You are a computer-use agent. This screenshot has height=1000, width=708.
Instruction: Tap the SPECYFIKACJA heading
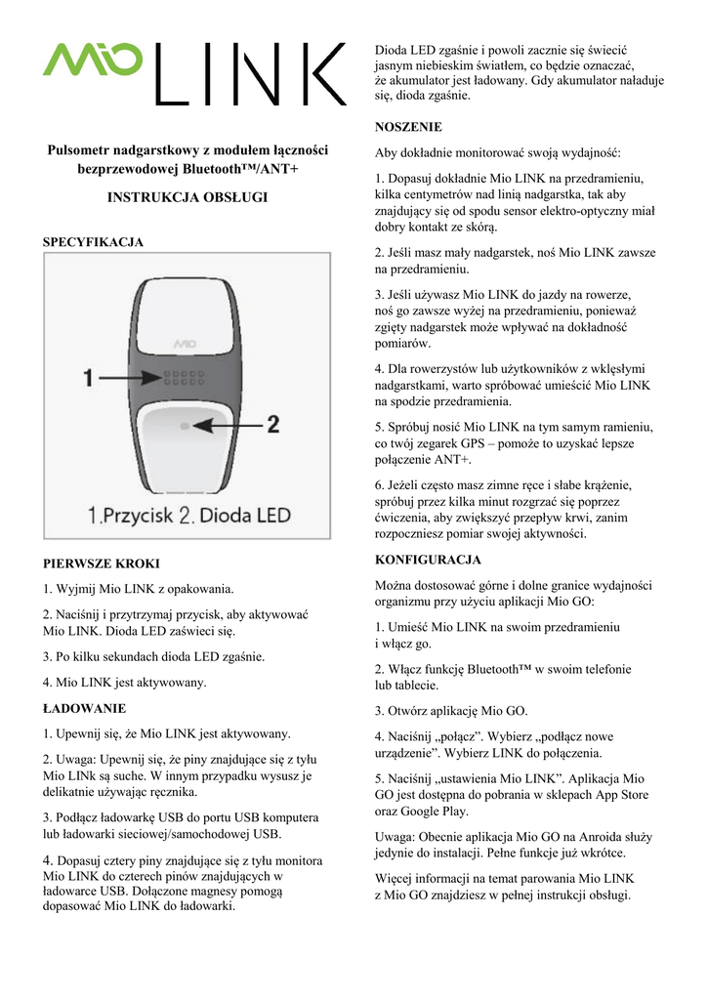94,241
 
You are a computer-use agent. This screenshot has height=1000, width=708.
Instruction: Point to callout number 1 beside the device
89,376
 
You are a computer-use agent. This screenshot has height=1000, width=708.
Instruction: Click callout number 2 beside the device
272,425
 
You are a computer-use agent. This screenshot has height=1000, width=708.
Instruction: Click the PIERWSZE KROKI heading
102,563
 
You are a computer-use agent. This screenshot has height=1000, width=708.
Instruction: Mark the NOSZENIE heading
408,127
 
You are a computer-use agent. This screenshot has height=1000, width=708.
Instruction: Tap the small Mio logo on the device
185,343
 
